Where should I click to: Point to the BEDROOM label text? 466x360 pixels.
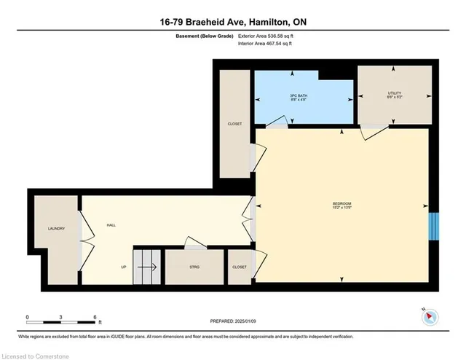342,205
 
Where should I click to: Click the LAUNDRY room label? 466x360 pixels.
56,229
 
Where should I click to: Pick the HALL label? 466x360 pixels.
111,225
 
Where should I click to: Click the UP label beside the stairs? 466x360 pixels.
124,267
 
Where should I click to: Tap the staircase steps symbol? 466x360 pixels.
146,266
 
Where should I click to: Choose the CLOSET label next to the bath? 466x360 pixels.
234,124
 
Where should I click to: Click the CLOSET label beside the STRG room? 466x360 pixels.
239,267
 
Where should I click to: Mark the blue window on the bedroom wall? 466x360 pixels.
433,224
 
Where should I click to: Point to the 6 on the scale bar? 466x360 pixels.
95,318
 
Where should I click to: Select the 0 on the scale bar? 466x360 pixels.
27,318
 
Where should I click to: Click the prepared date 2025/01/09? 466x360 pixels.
232,321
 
